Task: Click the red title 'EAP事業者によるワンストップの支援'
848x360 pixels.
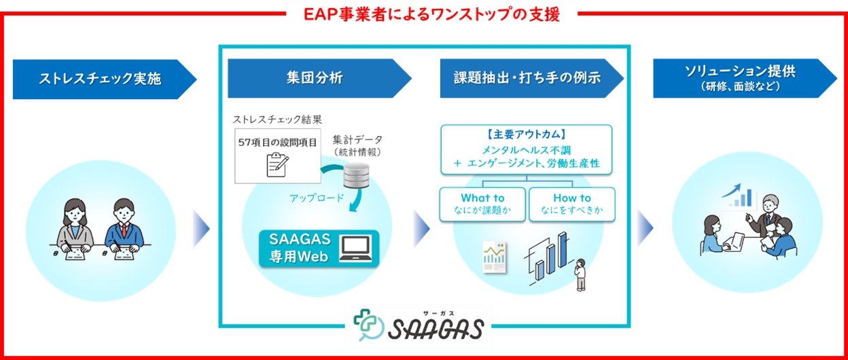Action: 431,14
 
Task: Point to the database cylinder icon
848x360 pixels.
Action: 356,175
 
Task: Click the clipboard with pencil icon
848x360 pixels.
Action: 277,164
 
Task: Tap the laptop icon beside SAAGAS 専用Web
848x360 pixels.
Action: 355,249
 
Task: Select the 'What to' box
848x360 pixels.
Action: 482,204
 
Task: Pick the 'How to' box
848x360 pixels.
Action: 571,204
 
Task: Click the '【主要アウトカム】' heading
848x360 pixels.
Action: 526,134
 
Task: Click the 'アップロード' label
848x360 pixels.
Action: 317,198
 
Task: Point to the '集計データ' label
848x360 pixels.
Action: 357,140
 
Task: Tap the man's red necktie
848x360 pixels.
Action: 124,230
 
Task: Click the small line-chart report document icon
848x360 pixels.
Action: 495,257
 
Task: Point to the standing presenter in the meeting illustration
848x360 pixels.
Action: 766,215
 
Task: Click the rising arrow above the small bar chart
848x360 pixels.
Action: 730,190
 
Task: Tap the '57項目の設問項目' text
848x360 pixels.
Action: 277,143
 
